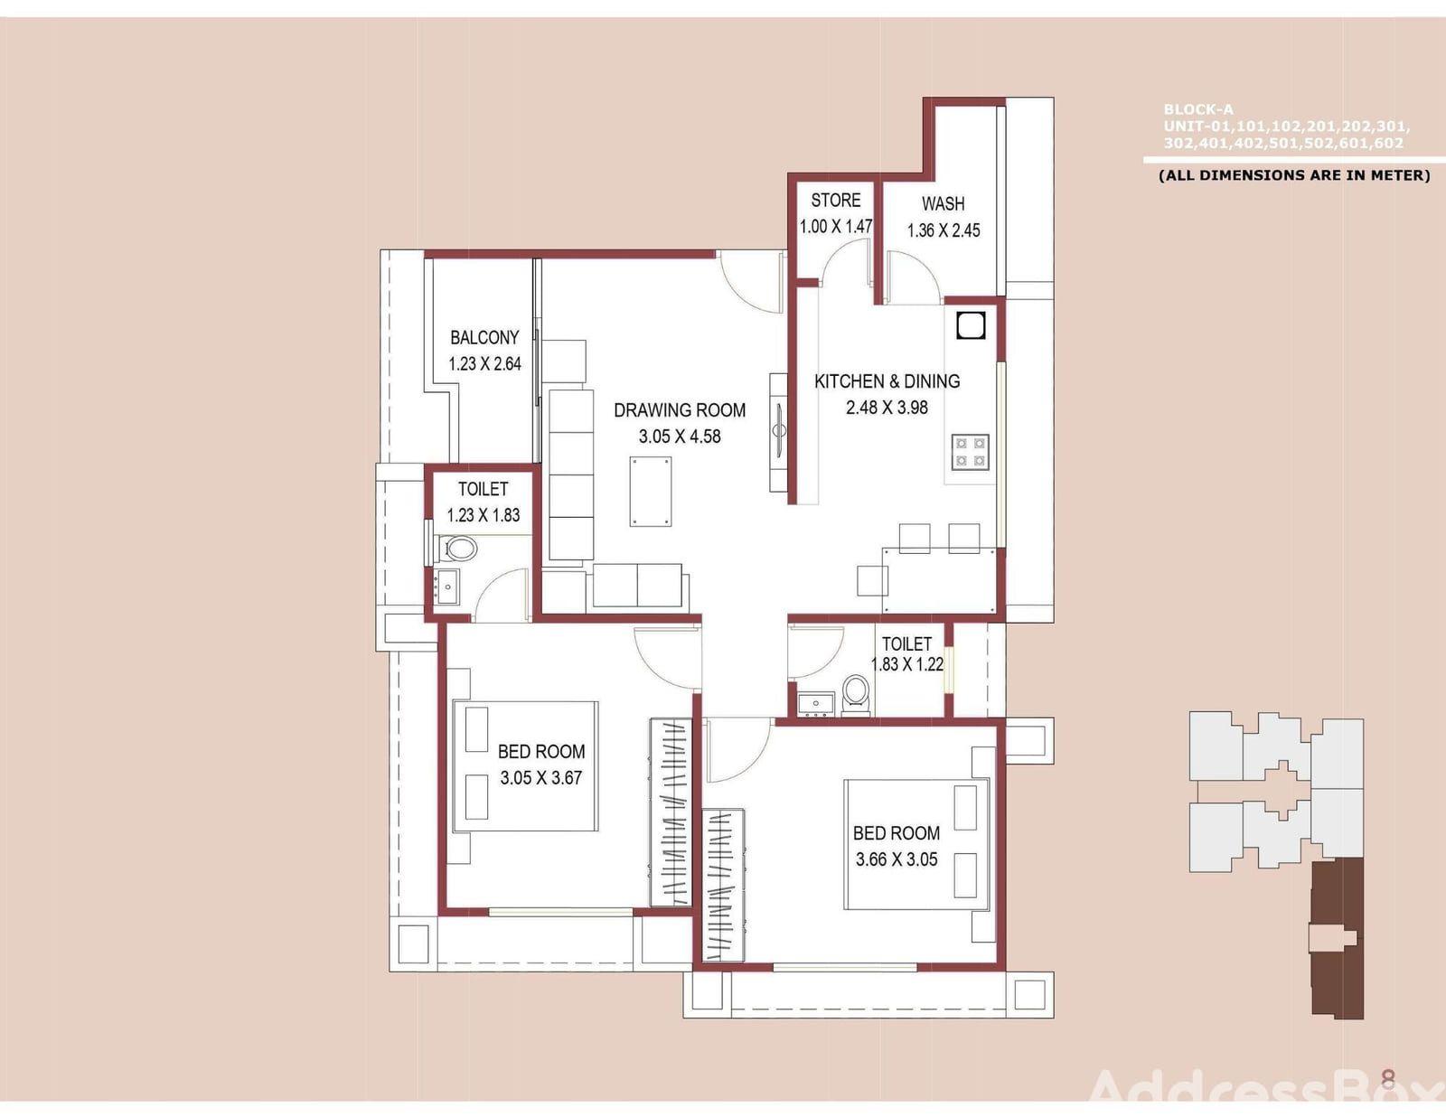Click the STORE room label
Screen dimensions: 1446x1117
(x=835, y=201)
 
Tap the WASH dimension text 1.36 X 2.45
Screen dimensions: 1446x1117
(x=944, y=230)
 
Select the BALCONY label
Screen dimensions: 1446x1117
(x=484, y=338)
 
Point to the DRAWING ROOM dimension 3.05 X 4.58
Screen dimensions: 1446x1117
(x=680, y=437)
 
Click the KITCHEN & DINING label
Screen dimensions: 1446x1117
(x=887, y=381)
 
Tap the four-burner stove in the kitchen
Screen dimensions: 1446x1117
(x=971, y=452)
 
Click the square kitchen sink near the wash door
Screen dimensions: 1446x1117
(x=971, y=325)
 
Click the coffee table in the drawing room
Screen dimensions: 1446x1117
(x=650, y=492)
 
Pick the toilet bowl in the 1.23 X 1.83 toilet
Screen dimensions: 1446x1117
(x=459, y=549)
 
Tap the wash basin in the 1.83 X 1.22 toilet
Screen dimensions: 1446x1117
(x=816, y=705)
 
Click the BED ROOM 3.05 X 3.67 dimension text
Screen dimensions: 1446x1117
(x=541, y=778)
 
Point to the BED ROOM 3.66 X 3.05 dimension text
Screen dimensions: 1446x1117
(x=897, y=859)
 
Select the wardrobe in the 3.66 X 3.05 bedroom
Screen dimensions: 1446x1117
(x=723, y=885)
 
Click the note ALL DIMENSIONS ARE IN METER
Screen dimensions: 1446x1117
(x=1294, y=175)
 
